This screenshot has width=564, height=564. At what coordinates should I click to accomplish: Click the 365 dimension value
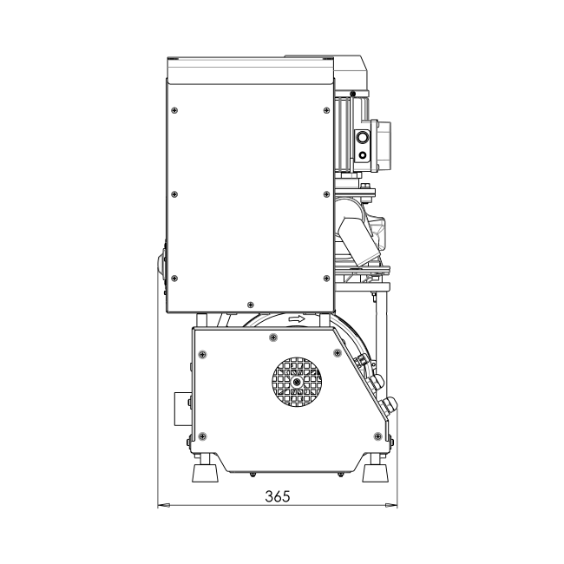(x=278, y=496)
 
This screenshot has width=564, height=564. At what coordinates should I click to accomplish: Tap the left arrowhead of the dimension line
(x=164, y=505)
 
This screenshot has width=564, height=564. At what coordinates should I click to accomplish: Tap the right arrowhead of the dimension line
(x=391, y=505)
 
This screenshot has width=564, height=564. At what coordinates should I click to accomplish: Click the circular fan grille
(x=297, y=382)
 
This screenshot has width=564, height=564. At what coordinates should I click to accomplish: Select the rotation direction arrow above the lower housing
(x=297, y=319)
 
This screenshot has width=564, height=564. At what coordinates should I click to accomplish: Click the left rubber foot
(x=206, y=473)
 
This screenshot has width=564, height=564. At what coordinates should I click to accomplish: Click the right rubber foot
(x=376, y=473)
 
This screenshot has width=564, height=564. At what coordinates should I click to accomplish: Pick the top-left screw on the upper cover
(x=174, y=110)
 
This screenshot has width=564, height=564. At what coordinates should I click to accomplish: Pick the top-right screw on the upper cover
(x=326, y=110)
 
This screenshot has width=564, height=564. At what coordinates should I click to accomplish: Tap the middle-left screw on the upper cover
(x=174, y=194)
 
